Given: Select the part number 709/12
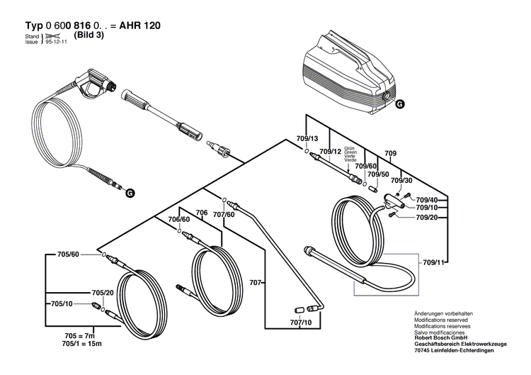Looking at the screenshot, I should pyautogui.click(x=330, y=152).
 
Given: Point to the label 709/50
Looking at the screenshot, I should pyautogui.click(x=378, y=174).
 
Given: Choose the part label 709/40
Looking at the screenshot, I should pyautogui.click(x=426, y=200).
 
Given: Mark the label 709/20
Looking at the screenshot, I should pyautogui.click(x=426, y=218).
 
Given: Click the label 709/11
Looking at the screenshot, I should pyautogui.click(x=433, y=263).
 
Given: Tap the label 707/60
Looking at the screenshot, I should pyautogui.click(x=224, y=213).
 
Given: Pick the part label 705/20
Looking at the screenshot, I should pyautogui.click(x=103, y=293).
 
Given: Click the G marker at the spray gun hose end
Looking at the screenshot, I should pyautogui.click(x=128, y=192).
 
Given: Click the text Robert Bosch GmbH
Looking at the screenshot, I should pyautogui.click(x=440, y=339).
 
